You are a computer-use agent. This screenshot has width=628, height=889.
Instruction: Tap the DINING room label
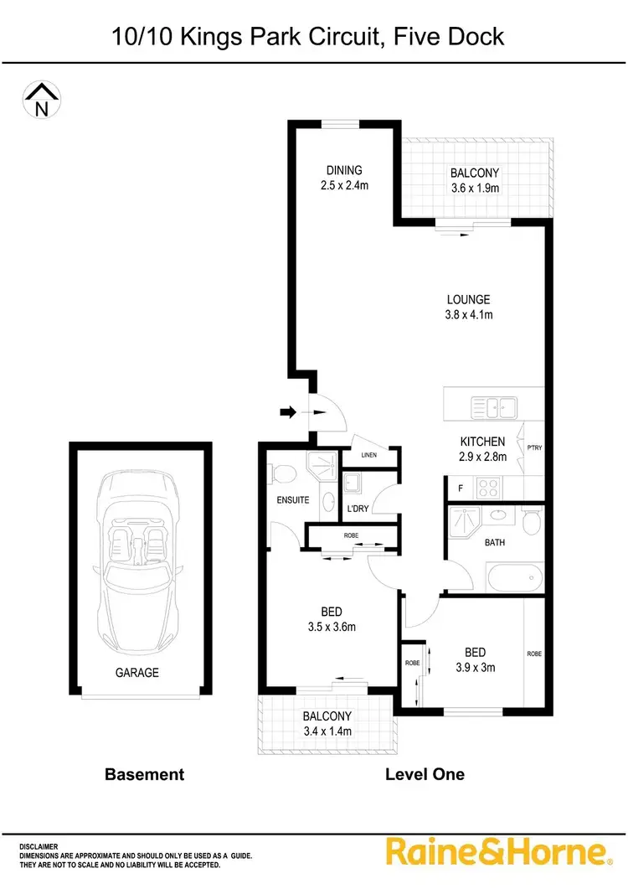344,170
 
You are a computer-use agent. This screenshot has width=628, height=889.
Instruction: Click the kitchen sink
494,407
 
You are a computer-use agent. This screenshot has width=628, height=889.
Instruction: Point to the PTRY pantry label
534,447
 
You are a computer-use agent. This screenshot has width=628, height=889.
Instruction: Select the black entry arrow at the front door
287,411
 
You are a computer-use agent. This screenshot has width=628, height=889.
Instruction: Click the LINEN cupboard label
368,455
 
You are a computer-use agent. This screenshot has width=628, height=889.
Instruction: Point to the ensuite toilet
281,475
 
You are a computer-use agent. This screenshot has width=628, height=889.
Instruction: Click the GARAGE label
137,672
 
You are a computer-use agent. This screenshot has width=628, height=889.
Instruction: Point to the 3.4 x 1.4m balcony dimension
327,731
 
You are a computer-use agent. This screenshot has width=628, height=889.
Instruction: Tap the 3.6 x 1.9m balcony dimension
474,189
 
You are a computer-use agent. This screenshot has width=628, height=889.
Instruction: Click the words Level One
424,774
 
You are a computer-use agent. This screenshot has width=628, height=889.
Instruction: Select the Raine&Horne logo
497,852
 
